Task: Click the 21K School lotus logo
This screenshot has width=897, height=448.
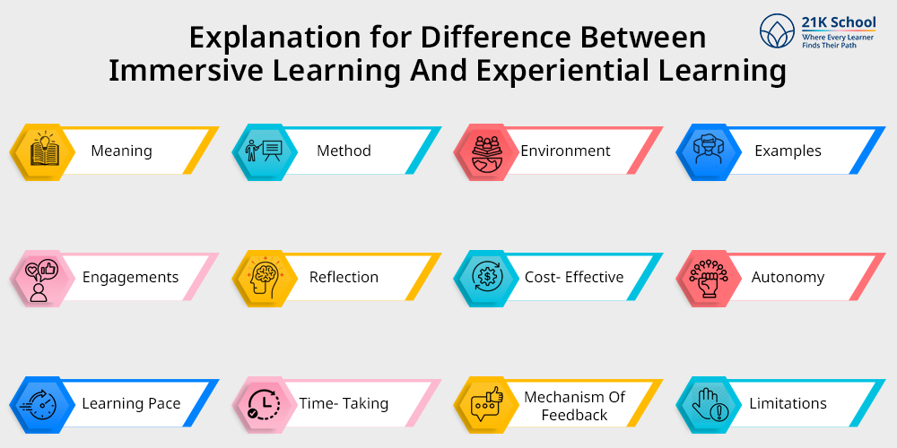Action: (x=779, y=30)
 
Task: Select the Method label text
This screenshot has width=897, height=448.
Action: (x=344, y=151)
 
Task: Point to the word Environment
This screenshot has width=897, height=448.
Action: (x=565, y=151)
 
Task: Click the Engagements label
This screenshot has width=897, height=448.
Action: (x=130, y=277)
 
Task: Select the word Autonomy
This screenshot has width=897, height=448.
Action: (x=788, y=277)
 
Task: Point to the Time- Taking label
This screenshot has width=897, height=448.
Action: (x=344, y=403)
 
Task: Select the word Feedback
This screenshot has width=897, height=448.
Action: (x=574, y=415)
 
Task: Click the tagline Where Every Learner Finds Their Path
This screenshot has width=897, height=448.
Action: (x=838, y=40)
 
